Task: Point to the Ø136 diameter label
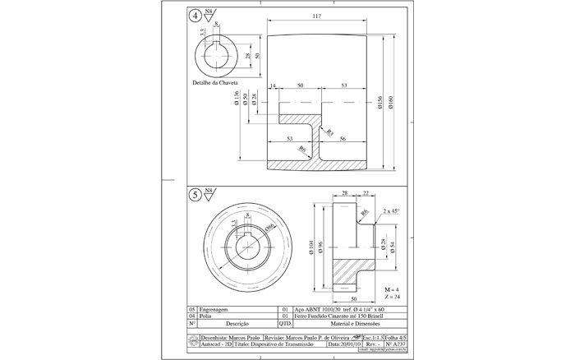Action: pyautogui.click(x=236, y=99)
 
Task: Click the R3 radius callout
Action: pyautogui.click(x=329, y=132)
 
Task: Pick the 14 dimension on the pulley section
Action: pyautogui.click(x=273, y=85)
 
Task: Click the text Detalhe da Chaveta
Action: pyautogui.click(x=214, y=83)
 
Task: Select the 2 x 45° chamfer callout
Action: pyautogui.click(x=391, y=211)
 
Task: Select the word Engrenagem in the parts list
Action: pyautogui.click(x=216, y=309)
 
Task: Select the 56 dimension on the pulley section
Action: pyautogui.click(x=343, y=140)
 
